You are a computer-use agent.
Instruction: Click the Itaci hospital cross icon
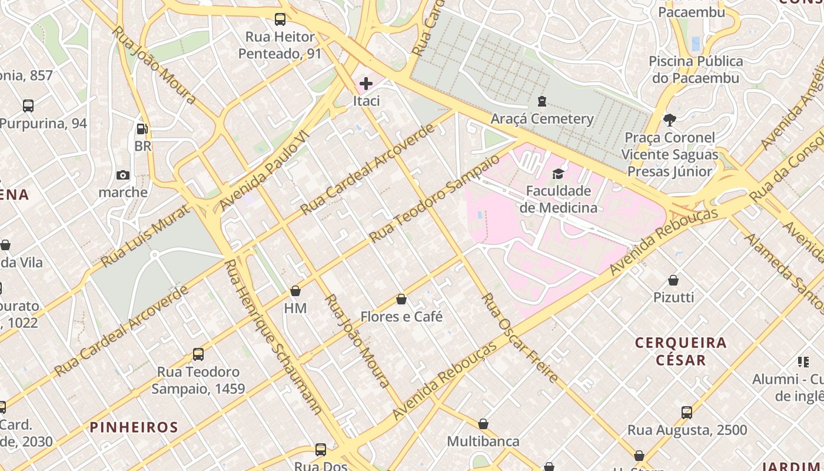[366, 84]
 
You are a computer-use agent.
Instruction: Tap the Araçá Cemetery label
[542, 119]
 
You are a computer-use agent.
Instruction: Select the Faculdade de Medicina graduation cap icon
[558, 174]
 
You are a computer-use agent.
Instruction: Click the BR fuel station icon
[142, 128]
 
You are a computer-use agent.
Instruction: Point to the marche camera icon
[123, 175]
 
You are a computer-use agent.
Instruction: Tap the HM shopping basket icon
[295, 291]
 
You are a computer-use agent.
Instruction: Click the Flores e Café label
[401, 317]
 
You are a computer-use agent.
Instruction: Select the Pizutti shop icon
[673, 280]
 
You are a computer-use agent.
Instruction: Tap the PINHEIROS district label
[134, 427]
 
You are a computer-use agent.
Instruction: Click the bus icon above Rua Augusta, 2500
[686, 412]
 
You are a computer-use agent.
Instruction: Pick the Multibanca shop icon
[483, 424]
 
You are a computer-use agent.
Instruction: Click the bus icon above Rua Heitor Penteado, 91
[280, 19]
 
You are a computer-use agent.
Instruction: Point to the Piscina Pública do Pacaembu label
[696, 69]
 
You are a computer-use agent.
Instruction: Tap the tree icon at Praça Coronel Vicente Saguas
[669, 120]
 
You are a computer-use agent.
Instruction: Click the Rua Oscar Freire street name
[519, 338]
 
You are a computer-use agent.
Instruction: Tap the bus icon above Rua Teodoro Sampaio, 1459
[198, 354]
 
